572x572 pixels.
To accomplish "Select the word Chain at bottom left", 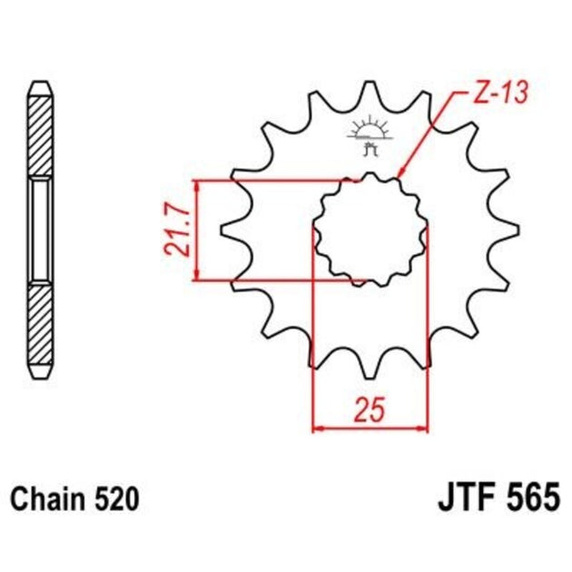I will pyautogui.click(x=43, y=498).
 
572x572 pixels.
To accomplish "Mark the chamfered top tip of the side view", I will pyautogui.click(x=42, y=85).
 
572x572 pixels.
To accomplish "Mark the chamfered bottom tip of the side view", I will pyautogui.click(x=42, y=374).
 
